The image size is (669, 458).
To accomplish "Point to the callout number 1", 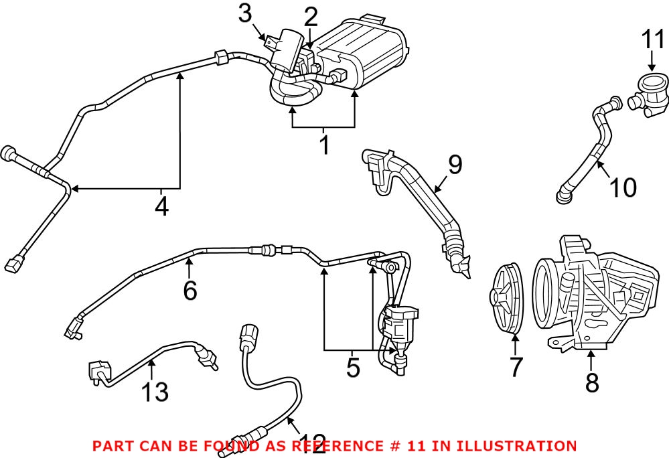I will click(x=323, y=145).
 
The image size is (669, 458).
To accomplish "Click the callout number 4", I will click(x=161, y=206).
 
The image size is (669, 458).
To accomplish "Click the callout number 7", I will click(x=515, y=367).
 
